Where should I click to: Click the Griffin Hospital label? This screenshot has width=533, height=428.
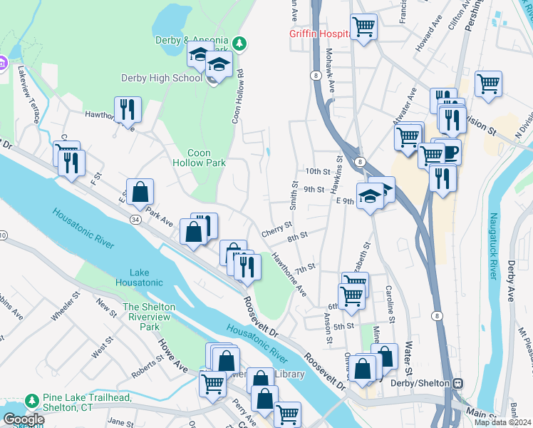coord(318,34)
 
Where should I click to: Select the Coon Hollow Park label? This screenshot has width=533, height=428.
coord(207,158)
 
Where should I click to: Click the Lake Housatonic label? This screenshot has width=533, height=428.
coord(146,277)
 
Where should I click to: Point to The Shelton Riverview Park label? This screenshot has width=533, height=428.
coord(149,317)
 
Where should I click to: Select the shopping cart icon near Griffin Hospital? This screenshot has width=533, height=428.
coord(364,28)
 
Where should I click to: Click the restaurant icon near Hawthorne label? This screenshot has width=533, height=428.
coord(128,109)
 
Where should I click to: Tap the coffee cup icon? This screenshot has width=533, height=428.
coord(449,152)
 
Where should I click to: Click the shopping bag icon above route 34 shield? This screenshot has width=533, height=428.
coord(140,191)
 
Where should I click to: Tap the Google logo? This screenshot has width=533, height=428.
coord(24,419)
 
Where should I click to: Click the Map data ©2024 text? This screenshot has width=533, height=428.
coord(503,422)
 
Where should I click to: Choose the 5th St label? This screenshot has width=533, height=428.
coord(343,326)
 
